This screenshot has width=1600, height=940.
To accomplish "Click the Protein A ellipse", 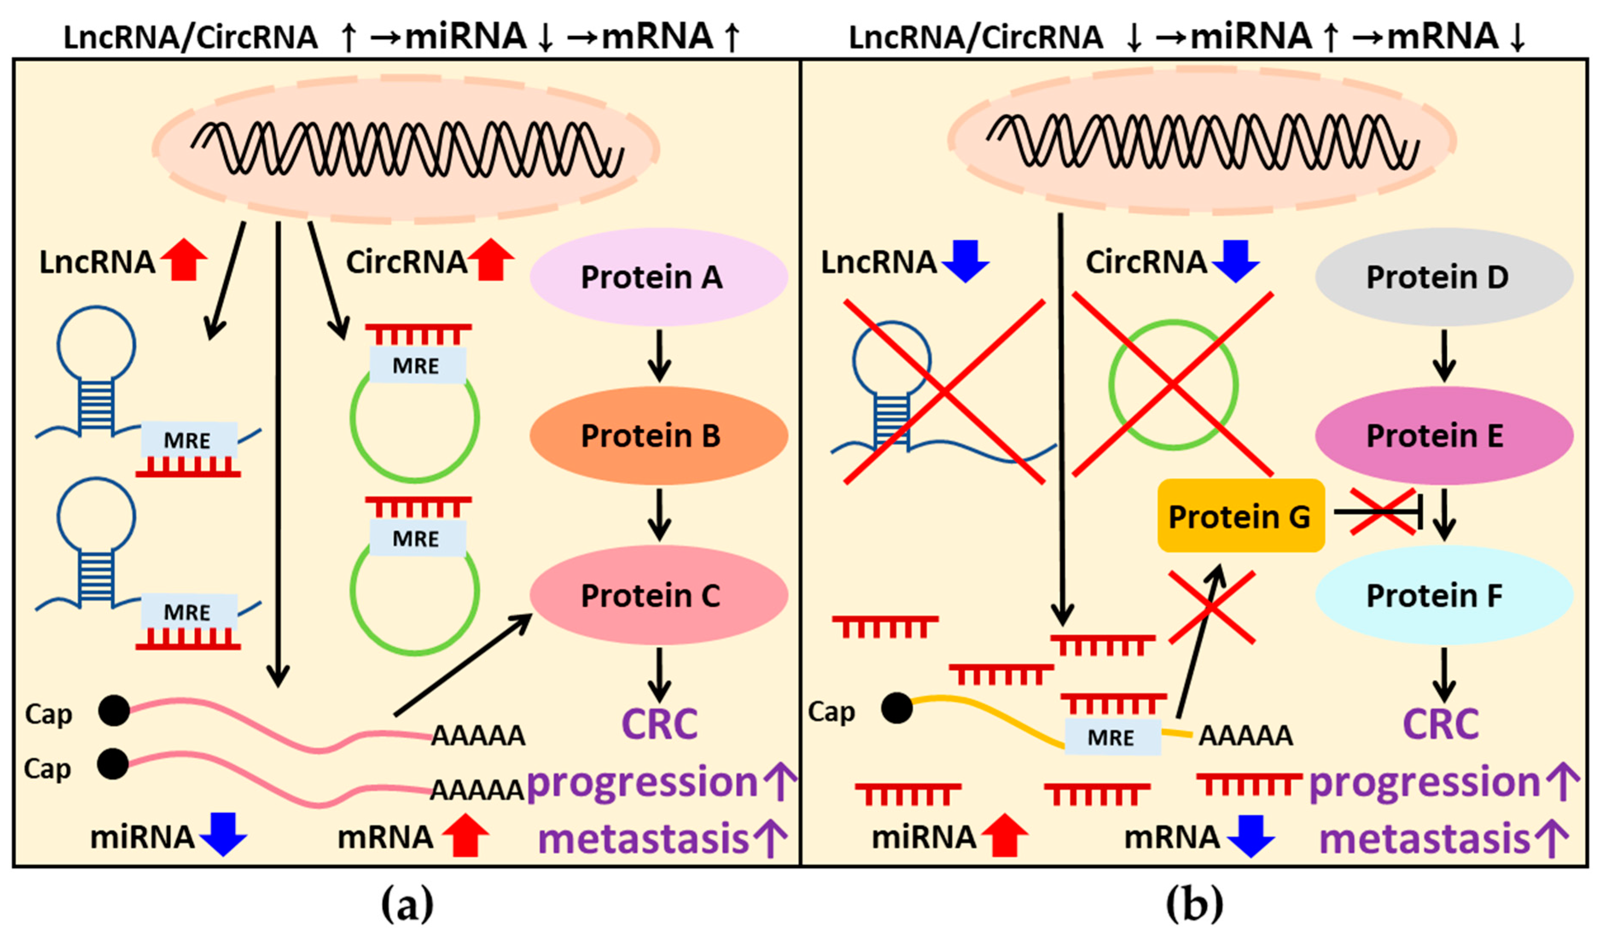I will [x=659, y=277].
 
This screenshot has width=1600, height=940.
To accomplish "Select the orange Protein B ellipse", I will [x=659, y=436].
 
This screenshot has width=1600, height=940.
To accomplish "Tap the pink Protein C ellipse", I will [x=659, y=595].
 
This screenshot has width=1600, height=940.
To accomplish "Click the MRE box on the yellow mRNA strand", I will [x=1112, y=737].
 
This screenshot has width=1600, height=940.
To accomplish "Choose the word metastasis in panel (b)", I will [x=1424, y=838].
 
